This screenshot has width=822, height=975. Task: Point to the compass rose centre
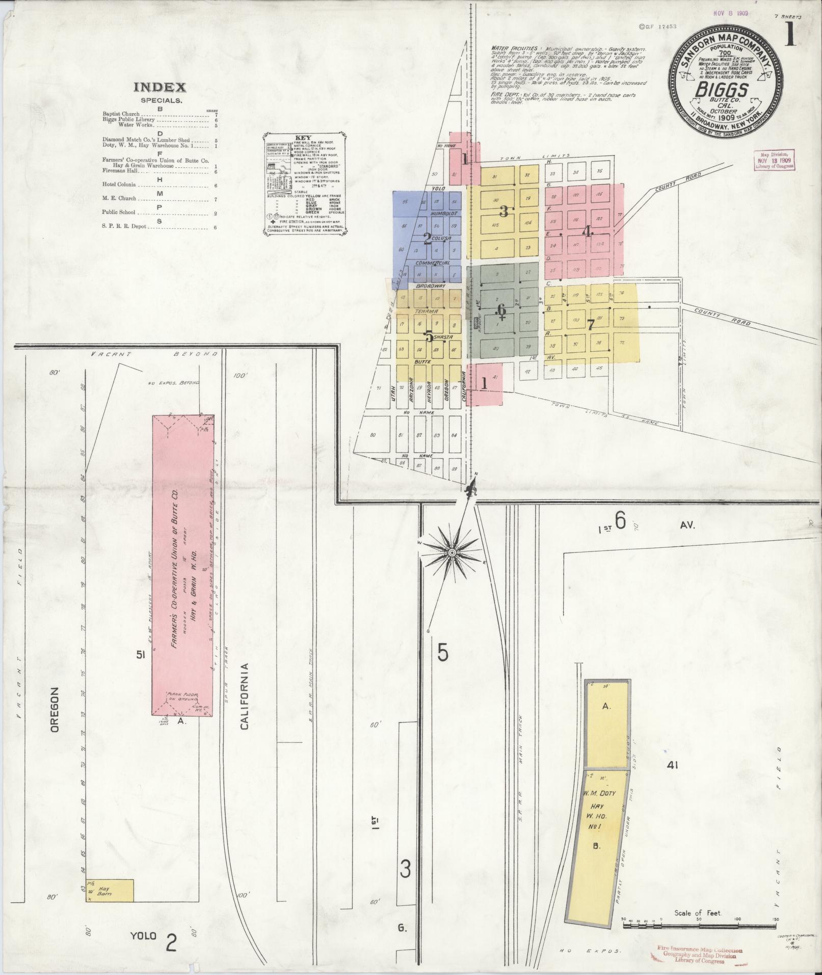coord(452,552)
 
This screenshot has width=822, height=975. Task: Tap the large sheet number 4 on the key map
coord(588,232)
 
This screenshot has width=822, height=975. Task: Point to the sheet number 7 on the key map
coord(591,324)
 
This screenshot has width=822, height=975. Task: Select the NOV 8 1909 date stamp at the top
coord(730,13)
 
